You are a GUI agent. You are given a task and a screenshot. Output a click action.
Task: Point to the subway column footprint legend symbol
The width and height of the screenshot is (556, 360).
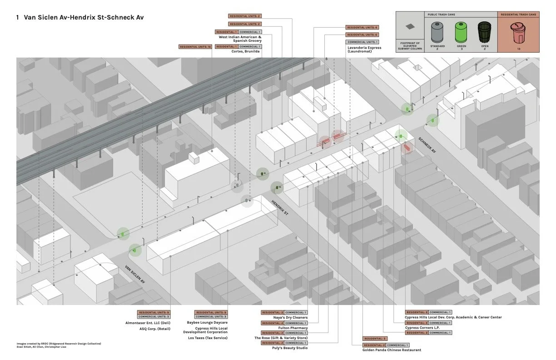(x=410, y=27)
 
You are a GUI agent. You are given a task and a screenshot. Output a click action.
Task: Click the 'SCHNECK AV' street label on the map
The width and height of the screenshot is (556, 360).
(x=427, y=145)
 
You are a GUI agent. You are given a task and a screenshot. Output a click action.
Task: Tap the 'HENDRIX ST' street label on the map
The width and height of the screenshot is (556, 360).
(x=280, y=207)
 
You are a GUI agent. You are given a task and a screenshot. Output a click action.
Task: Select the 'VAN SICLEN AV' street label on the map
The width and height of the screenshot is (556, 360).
(x=135, y=274)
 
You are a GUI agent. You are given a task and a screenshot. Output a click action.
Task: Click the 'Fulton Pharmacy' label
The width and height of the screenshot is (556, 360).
(x=293, y=328)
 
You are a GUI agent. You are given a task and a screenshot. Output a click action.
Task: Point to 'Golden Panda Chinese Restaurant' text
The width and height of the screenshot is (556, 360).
(x=392, y=350)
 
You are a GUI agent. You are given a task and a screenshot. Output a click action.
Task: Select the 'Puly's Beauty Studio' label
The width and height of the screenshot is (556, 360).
(x=291, y=348)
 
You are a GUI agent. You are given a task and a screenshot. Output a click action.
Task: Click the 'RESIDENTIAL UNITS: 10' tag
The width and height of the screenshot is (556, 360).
(x=195, y=47)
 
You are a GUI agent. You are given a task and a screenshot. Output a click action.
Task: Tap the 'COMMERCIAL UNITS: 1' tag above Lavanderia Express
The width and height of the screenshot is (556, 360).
(x=362, y=42)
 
